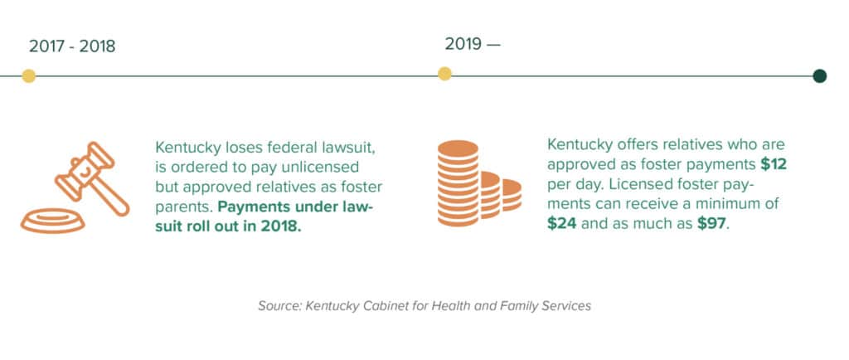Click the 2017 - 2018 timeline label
(x=72, y=46)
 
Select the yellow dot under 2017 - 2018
(x=29, y=76)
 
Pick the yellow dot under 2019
(x=444, y=75)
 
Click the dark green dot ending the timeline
(x=820, y=76)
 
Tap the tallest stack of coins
(x=458, y=183)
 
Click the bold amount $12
(x=774, y=163)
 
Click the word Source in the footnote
(x=279, y=306)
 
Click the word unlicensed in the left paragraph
(x=337, y=166)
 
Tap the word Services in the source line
(x=565, y=306)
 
